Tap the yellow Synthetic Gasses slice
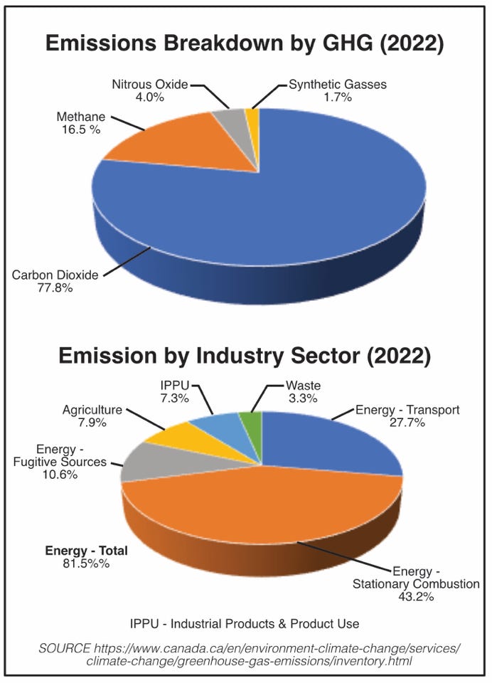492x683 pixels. (252, 117)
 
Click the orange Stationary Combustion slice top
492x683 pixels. (270, 505)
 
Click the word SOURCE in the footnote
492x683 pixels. (64, 648)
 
